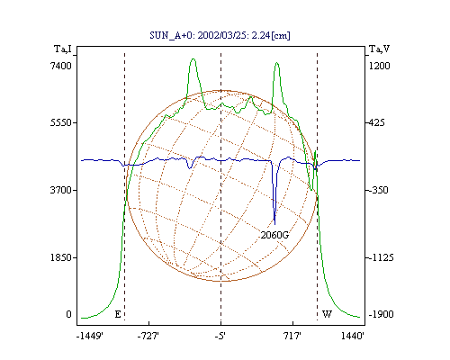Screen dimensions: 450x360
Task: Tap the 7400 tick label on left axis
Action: pos(61,66)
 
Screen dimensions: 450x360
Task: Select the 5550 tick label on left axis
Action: pos(61,122)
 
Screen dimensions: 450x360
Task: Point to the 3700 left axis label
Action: pos(61,190)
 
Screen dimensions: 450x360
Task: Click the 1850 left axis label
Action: pos(61,257)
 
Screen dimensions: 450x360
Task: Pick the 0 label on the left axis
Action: pos(68,314)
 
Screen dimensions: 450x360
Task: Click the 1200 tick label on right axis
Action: pos(379,66)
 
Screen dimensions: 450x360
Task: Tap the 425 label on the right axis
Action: pos(376,122)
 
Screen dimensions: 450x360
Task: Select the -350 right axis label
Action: pos(378,190)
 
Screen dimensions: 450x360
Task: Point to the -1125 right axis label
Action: pos(381,257)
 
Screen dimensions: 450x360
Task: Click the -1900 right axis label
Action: pos(381,314)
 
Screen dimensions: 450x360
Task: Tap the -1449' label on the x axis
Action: pos(90,337)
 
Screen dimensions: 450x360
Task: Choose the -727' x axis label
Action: pos(148,337)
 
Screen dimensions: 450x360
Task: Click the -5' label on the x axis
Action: pos(220,337)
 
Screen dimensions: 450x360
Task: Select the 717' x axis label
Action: pos(292,337)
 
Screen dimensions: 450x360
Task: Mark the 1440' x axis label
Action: pos(353,337)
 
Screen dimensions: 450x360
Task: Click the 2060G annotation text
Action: pos(274,235)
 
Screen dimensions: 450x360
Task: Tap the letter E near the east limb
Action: pos(118,314)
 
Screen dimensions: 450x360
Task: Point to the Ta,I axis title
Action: pos(63,49)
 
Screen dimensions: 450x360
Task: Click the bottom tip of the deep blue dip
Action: pos(274,224)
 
